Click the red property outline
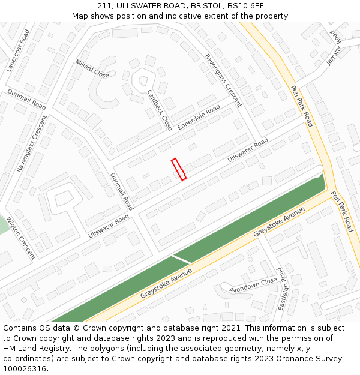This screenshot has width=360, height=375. pos(179,169)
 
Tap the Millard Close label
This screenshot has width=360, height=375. pos(92,68)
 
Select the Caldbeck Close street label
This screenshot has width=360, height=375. pos(160,110)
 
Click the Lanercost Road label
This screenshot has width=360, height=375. pos(18,50)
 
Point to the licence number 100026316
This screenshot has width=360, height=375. pos(25,369)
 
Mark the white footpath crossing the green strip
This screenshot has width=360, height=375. pos(181,259)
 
